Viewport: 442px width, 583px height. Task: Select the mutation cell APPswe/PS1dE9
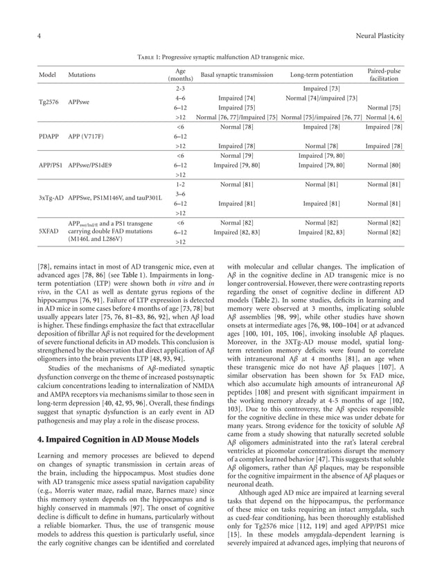click(90, 165)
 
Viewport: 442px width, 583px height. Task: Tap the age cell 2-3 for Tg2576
click(180, 89)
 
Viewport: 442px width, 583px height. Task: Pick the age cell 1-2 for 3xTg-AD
click(180, 185)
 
